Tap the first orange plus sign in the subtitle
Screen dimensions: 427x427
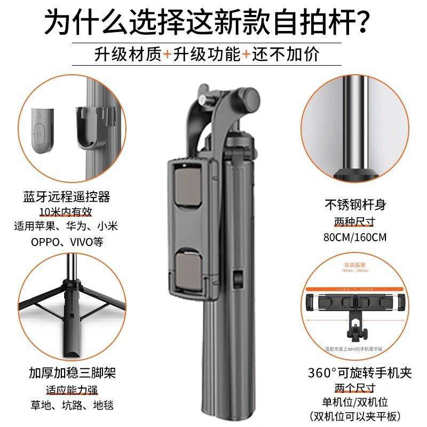point(168,54)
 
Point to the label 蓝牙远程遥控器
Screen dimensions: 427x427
point(67,196)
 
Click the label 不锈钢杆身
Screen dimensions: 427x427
point(362,204)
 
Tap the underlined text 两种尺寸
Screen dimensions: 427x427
point(362,221)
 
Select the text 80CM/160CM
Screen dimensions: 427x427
point(362,237)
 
